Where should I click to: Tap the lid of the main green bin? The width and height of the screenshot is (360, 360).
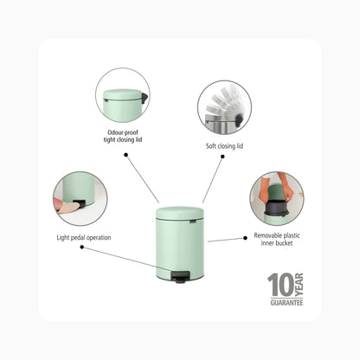tap(180, 213)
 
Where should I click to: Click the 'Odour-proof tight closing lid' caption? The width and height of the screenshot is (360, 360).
tap(123, 136)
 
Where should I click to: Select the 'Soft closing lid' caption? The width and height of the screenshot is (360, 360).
tap(224, 146)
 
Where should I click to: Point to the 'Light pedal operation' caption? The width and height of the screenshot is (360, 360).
tap(84, 238)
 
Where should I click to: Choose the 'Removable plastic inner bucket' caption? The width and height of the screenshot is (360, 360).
tap(277, 239)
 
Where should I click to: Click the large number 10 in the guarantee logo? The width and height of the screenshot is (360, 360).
tap(280, 286)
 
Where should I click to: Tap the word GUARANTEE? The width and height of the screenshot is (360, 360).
tap(286, 303)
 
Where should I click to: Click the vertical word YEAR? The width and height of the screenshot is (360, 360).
tap(299, 285)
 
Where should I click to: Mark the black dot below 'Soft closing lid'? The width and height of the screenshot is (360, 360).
tap(222, 157)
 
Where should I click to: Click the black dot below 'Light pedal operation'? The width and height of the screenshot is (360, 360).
tap(82, 247)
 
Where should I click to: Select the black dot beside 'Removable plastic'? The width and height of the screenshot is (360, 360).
tap(245, 238)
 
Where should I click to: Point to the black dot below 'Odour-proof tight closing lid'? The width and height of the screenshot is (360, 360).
tap(125, 155)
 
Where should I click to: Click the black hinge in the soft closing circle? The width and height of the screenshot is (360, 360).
tap(240, 119)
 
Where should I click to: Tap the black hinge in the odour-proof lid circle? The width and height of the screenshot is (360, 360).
tap(145, 98)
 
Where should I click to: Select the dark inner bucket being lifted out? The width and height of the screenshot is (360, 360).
tap(275, 208)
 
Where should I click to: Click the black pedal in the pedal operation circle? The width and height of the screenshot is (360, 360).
tap(79, 203)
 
